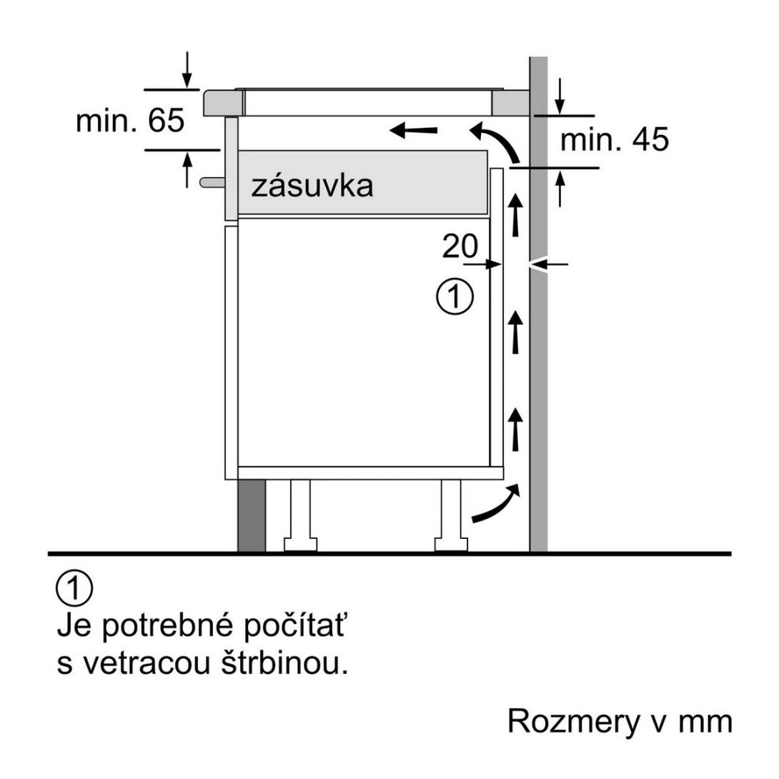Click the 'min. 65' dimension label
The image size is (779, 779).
[x=130, y=120]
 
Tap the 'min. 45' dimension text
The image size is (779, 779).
[x=615, y=139]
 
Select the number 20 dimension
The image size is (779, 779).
[x=460, y=246]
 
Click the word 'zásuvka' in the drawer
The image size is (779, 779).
[x=312, y=186]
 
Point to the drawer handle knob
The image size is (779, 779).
[x=212, y=182]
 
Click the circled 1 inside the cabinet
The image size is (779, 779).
[x=455, y=297]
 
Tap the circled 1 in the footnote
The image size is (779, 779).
[x=74, y=588]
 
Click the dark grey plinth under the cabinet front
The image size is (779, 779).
[x=252, y=516]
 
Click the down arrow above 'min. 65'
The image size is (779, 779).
[x=187, y=70]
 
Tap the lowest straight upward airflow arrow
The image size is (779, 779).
[x=516, y=430]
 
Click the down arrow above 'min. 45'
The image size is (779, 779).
[x=560, y=96]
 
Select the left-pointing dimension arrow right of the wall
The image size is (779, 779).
[x=548, y=264]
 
